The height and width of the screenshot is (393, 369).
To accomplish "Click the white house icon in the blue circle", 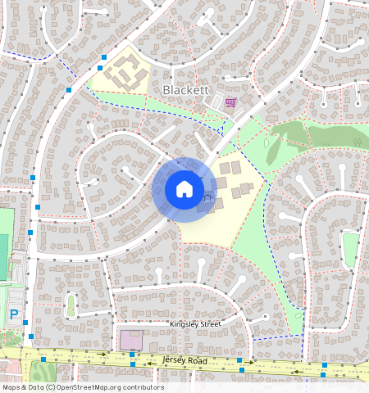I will pos(184,189).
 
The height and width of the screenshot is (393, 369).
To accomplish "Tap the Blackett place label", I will pos(187,89).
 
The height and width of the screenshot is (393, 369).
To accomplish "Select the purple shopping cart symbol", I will pos(230,102).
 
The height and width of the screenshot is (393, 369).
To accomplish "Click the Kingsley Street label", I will pos(195,324).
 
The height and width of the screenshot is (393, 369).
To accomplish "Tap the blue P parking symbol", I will pos(14,314).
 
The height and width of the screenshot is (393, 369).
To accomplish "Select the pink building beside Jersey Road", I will pos(130,339).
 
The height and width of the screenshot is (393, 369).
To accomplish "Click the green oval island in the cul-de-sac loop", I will pos(71,305).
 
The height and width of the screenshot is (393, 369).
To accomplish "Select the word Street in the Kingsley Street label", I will pos(208,324).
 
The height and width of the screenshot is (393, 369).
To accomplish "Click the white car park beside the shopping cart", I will pos(217,104).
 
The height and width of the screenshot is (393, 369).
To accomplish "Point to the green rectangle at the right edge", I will pos(351,249).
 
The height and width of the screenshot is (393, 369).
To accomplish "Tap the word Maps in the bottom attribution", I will pos(11,387).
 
